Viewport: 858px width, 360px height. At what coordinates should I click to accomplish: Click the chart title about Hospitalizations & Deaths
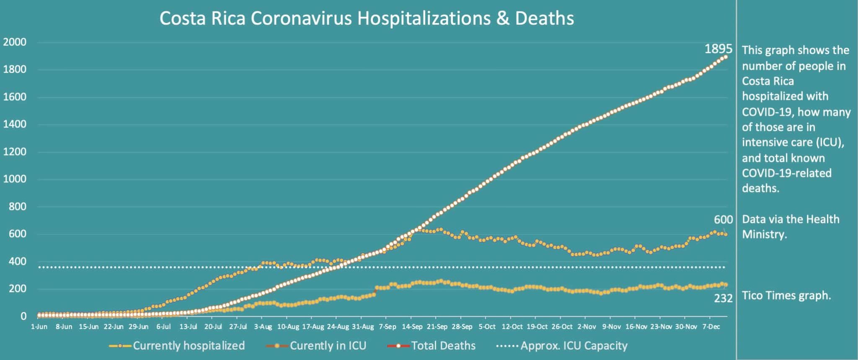[x=367, y=18]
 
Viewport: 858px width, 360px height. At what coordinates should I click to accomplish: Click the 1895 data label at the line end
[x=718, y=49]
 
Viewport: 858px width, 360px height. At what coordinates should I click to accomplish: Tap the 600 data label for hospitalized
[x=723, y=220]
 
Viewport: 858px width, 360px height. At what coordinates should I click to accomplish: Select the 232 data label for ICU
[x=723, y=298]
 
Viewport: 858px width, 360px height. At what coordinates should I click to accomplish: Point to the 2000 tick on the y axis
[x=15, y=42]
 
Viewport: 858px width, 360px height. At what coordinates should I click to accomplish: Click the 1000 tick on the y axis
[x=15, y=179]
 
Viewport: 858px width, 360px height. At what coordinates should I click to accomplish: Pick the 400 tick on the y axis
[x=18, y=262]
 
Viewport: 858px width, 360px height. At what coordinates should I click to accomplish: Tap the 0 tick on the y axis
[x=23, y=316]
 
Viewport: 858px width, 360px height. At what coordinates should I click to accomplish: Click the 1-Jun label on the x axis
[x=39, y=327]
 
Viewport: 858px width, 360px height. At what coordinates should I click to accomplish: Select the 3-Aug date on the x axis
[x=263, y=327]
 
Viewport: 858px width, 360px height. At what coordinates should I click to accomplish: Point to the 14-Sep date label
[x=412, y=327]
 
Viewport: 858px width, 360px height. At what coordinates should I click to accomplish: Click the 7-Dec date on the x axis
[x=711, y=327]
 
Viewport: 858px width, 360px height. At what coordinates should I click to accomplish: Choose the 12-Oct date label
[x=512, y=327]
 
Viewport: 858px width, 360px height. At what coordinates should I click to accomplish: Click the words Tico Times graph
[x=786, y=295]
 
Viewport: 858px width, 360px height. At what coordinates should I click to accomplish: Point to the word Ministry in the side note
[x=764, y=234]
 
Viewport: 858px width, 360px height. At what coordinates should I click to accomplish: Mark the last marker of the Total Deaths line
[x=726, y=57]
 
